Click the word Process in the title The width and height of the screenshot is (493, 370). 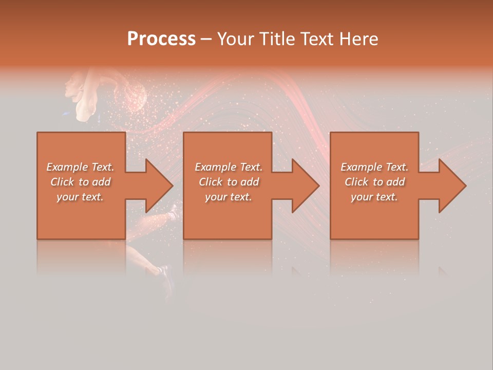click(x=161, y=39)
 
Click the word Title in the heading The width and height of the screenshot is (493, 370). click(x=275, y=39)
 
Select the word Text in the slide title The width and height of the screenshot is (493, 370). click(x=316, y=39)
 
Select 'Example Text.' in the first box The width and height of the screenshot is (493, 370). click(x=81, y=167)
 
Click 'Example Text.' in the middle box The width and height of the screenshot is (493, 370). click(x=229, y=167)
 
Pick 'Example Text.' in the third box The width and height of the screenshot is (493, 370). click(x=374, y=167)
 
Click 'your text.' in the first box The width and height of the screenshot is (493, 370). click(x=80, y=197)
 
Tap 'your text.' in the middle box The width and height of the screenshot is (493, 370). click(x=229, y=197)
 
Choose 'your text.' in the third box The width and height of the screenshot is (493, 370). click(x=374, y=197)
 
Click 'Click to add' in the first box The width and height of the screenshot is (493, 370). click(x=81, y=182)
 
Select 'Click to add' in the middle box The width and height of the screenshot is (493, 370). click(x=229, y=182)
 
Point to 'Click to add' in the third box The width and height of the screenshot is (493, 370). click(x=374, y=182)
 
